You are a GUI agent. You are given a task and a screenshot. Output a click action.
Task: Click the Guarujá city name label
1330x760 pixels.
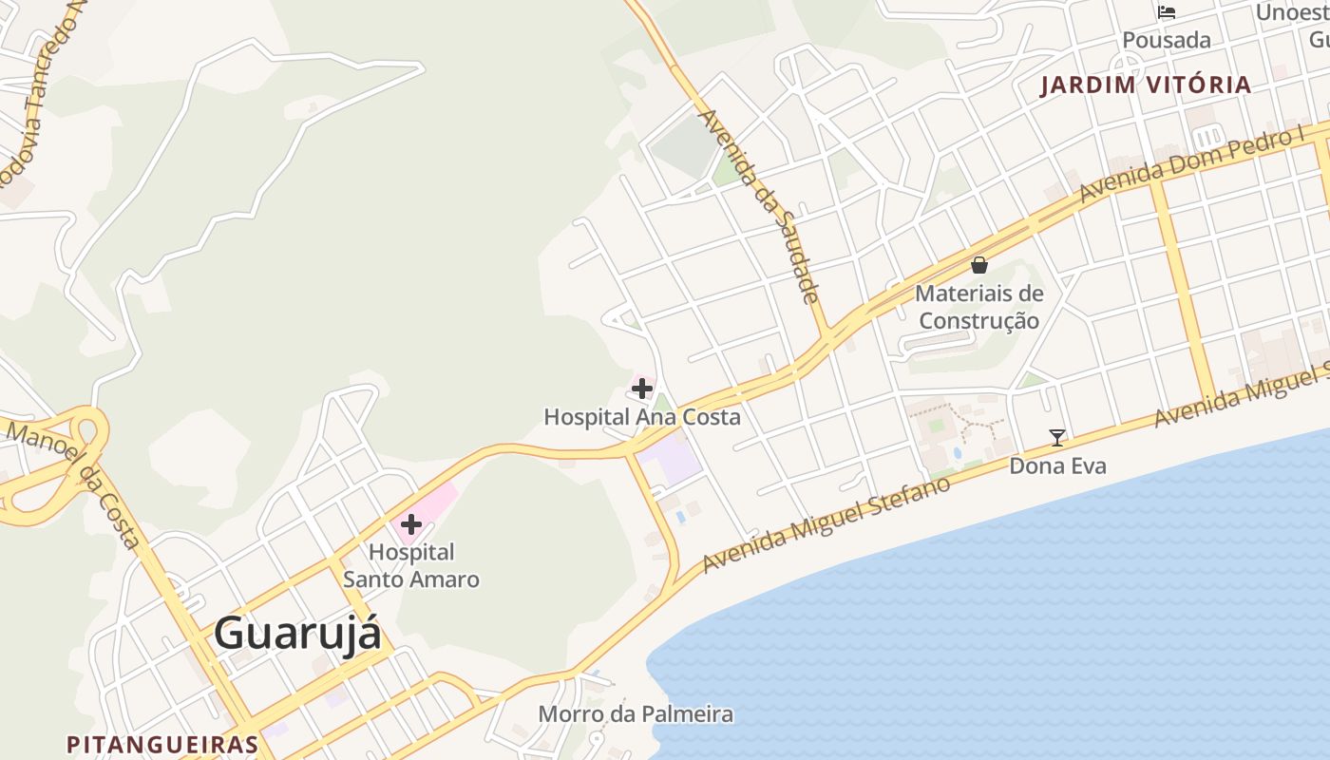point(297,633)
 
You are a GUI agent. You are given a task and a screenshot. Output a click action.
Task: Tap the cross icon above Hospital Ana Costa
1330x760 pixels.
point(642,388)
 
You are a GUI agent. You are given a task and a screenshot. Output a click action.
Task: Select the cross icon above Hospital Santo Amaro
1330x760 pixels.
point(411,523)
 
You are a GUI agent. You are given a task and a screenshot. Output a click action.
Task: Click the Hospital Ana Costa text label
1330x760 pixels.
point(642,416)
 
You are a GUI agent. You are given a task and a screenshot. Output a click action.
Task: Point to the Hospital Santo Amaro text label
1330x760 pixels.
point(411,565)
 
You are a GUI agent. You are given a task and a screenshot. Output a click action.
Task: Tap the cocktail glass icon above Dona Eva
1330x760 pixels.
point(1056,438)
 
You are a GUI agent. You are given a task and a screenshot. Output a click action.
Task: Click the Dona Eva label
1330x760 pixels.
point(1057,466)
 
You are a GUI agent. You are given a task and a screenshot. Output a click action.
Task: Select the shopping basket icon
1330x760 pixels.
point(979,265)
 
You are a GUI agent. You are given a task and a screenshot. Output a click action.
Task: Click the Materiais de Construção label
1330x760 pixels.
point(979,307)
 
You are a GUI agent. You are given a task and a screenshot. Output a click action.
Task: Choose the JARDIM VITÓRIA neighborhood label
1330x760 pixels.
point(1146,85)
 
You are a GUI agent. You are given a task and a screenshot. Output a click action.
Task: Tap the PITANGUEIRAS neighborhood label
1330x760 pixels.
point(162,744)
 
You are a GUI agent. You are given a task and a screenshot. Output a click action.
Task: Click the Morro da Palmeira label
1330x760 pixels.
point(636,713)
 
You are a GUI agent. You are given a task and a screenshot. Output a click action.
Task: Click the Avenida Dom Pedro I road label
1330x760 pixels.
point(1192,163)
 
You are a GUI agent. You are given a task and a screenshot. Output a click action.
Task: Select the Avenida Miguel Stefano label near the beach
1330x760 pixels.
point(826,525)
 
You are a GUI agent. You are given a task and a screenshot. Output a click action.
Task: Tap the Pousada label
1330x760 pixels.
point(1167,40)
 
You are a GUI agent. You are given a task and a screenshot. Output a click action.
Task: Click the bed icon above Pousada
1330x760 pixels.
point(1167,12)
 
